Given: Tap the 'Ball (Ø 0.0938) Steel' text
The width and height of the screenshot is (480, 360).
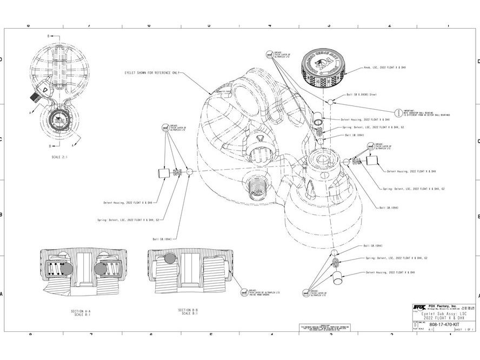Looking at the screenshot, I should pyautogui.click(x=358, y=94).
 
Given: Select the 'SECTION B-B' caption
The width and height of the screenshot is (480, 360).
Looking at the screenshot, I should pyautogui.click(x=188, y=310).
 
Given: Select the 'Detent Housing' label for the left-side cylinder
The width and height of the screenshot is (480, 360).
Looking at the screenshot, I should pyautogui.click(x=128, y=203).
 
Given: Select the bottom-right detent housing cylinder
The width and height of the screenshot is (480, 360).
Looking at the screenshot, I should pyautogui.click(x=338, y=278).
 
